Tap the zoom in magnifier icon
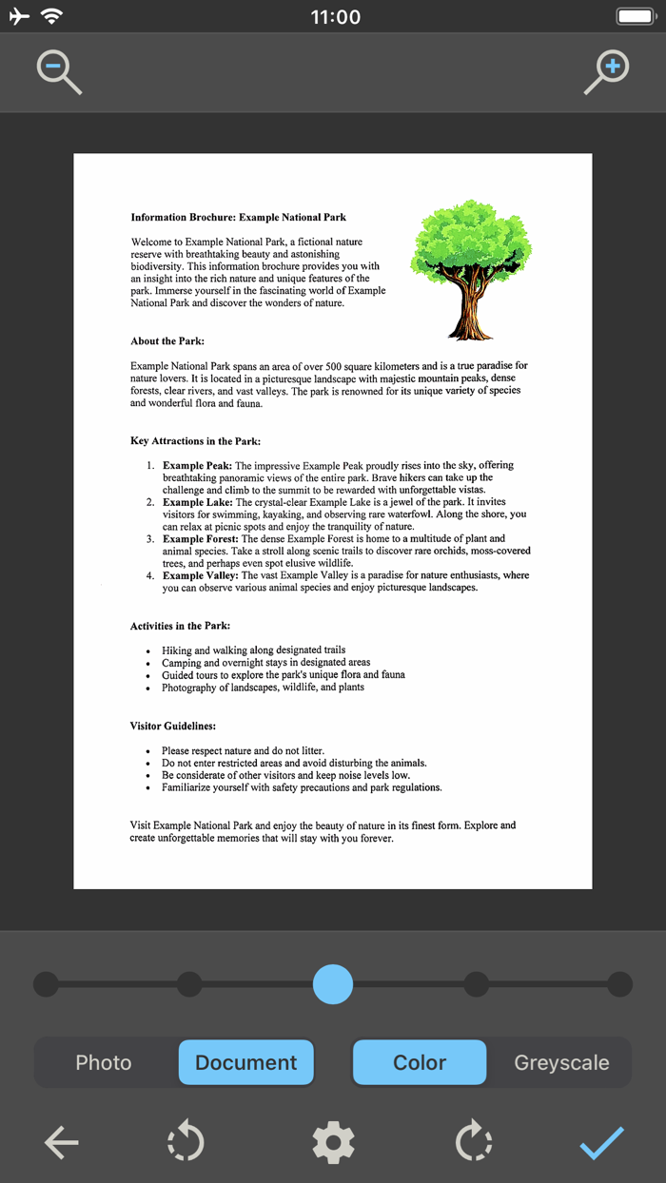(606, 72)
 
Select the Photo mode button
(104, 1062)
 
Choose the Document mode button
(246, 1062)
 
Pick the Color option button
(420, 1062)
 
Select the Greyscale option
(561, 1062)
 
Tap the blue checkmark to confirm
(602, 1142)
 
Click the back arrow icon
(62, 1142)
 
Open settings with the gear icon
(333, 1142)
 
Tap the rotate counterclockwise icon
(186, 1142)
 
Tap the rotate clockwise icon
(473, 1142)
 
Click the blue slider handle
(333, 984)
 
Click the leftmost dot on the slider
(46, 984)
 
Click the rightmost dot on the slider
(620, 984)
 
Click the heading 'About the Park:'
(167, 341)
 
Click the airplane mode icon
(19, 16)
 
